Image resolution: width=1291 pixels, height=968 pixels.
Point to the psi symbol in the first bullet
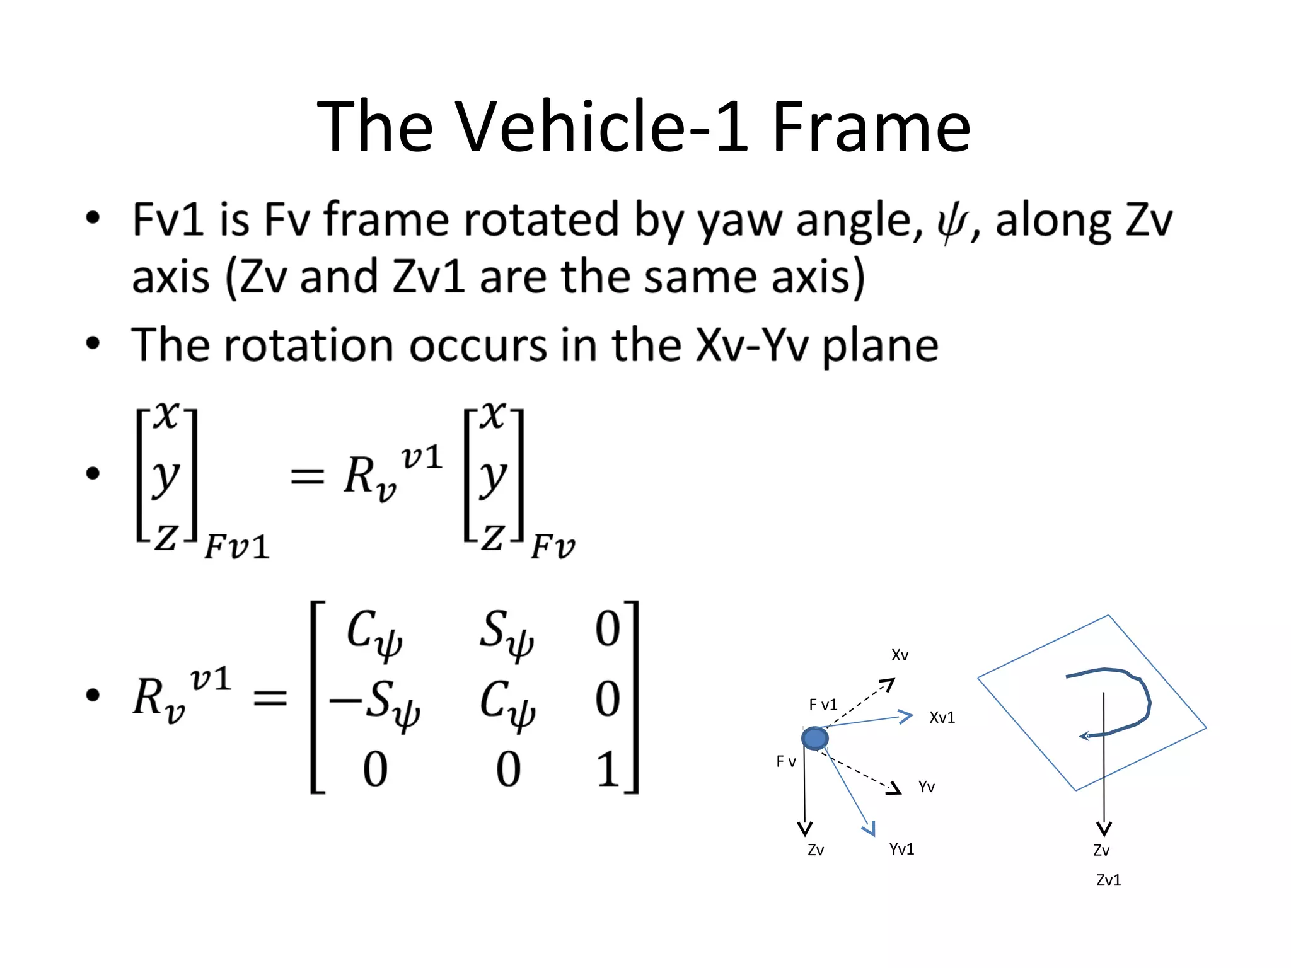pyautogui.click(x=951, y=222)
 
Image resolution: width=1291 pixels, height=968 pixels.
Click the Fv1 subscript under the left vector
pyautogui.click(x=236, y=546)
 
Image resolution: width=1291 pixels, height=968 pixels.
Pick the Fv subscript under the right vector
pyautogui.click(x=552, y=546)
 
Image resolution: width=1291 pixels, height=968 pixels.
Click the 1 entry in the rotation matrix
pyautogui.click(x=608, y=769)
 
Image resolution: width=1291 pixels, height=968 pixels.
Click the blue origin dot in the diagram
pyautogui.click(x=814, y=738)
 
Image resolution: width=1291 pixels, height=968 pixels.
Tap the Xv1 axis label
pyautogui.click(x=942, y=717)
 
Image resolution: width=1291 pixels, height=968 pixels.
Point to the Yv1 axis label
pyautogui.click(x=901, y=849)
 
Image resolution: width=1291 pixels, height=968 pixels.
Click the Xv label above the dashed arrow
pyautogui.click(x=900, y=655)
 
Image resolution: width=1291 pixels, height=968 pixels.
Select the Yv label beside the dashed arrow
pyautogui.click(x=926, y=786)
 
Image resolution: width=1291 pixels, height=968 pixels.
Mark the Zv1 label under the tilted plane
pyautogui.click(x=1108, y=880)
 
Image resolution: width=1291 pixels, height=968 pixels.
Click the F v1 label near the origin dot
pyautogui.click(x=823, y=705)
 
